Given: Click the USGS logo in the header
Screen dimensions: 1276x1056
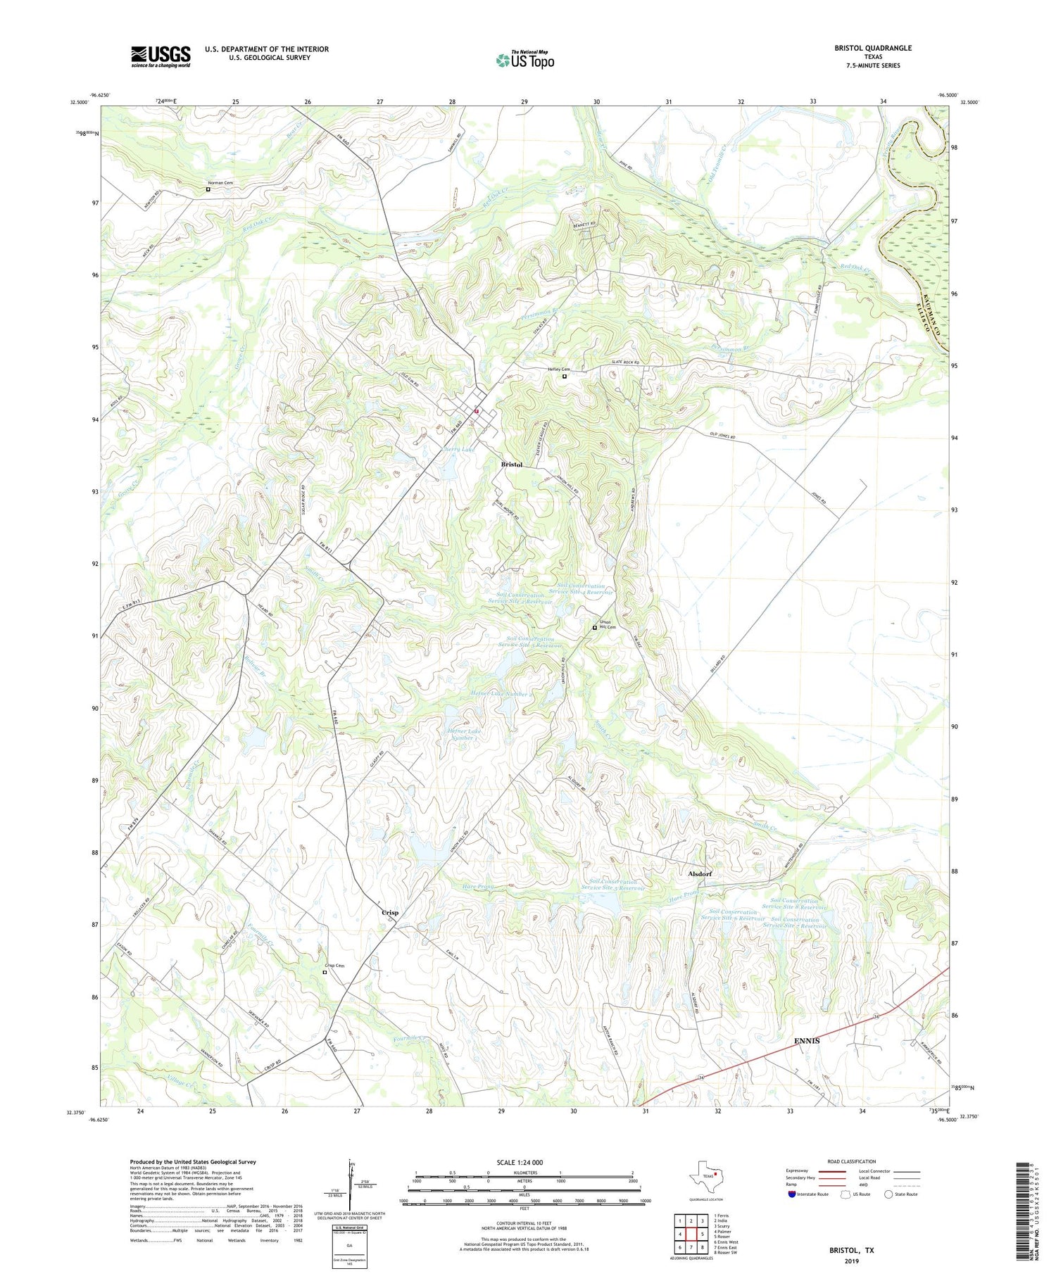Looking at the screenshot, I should (x=161, y=56).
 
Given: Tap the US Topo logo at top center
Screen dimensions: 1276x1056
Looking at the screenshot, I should (x=524, y=60).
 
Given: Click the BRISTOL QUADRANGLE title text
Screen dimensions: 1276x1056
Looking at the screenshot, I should (x=872, y=48).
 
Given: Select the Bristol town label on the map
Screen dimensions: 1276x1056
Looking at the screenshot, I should (x=512, y=465).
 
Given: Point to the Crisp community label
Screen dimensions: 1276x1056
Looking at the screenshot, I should (x=390, y=912).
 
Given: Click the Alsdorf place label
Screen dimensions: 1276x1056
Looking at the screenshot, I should (x=700, y=873).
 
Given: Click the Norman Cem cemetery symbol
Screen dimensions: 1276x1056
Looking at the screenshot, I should (x=208, y=189).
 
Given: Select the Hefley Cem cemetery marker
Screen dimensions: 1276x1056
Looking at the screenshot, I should (x=564, y=376).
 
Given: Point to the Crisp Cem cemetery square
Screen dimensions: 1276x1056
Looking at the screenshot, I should (x=325, y=972).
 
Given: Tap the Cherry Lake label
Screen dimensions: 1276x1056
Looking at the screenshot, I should (x=457, y=450).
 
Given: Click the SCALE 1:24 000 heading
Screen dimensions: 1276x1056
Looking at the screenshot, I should (x=520, y=1162).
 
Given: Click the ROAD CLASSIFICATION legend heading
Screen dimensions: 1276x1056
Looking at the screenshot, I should (x=851, y=1161).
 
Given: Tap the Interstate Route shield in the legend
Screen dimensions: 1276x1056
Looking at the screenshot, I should (x=792, y=1194).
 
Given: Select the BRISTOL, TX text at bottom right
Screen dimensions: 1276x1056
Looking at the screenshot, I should (x=851, y=1250).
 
